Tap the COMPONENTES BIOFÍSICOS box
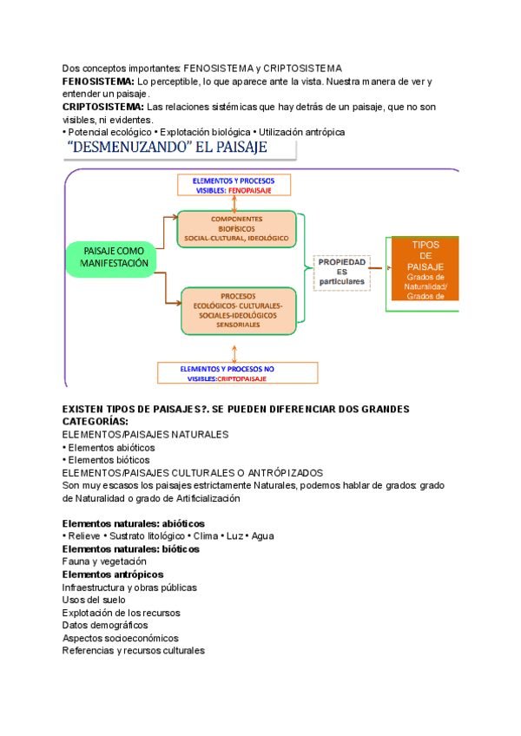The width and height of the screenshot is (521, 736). pyautogui.click(x=237, y=227)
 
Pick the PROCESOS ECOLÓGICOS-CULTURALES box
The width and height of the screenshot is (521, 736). pyautogui.click(x=238, y=310)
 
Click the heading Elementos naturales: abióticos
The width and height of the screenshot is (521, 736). pyautogui.click(x=133, y=523)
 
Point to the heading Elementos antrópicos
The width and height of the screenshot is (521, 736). pyautogui.click(x=112, y=575)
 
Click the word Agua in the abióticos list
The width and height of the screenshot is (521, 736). pyautogui.click(x=262, y=536)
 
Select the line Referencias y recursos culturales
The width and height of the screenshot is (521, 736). pyautogui.click(x=133, y=650)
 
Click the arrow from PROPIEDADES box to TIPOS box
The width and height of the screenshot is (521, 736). pyautogui.click(x=380, y=268)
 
